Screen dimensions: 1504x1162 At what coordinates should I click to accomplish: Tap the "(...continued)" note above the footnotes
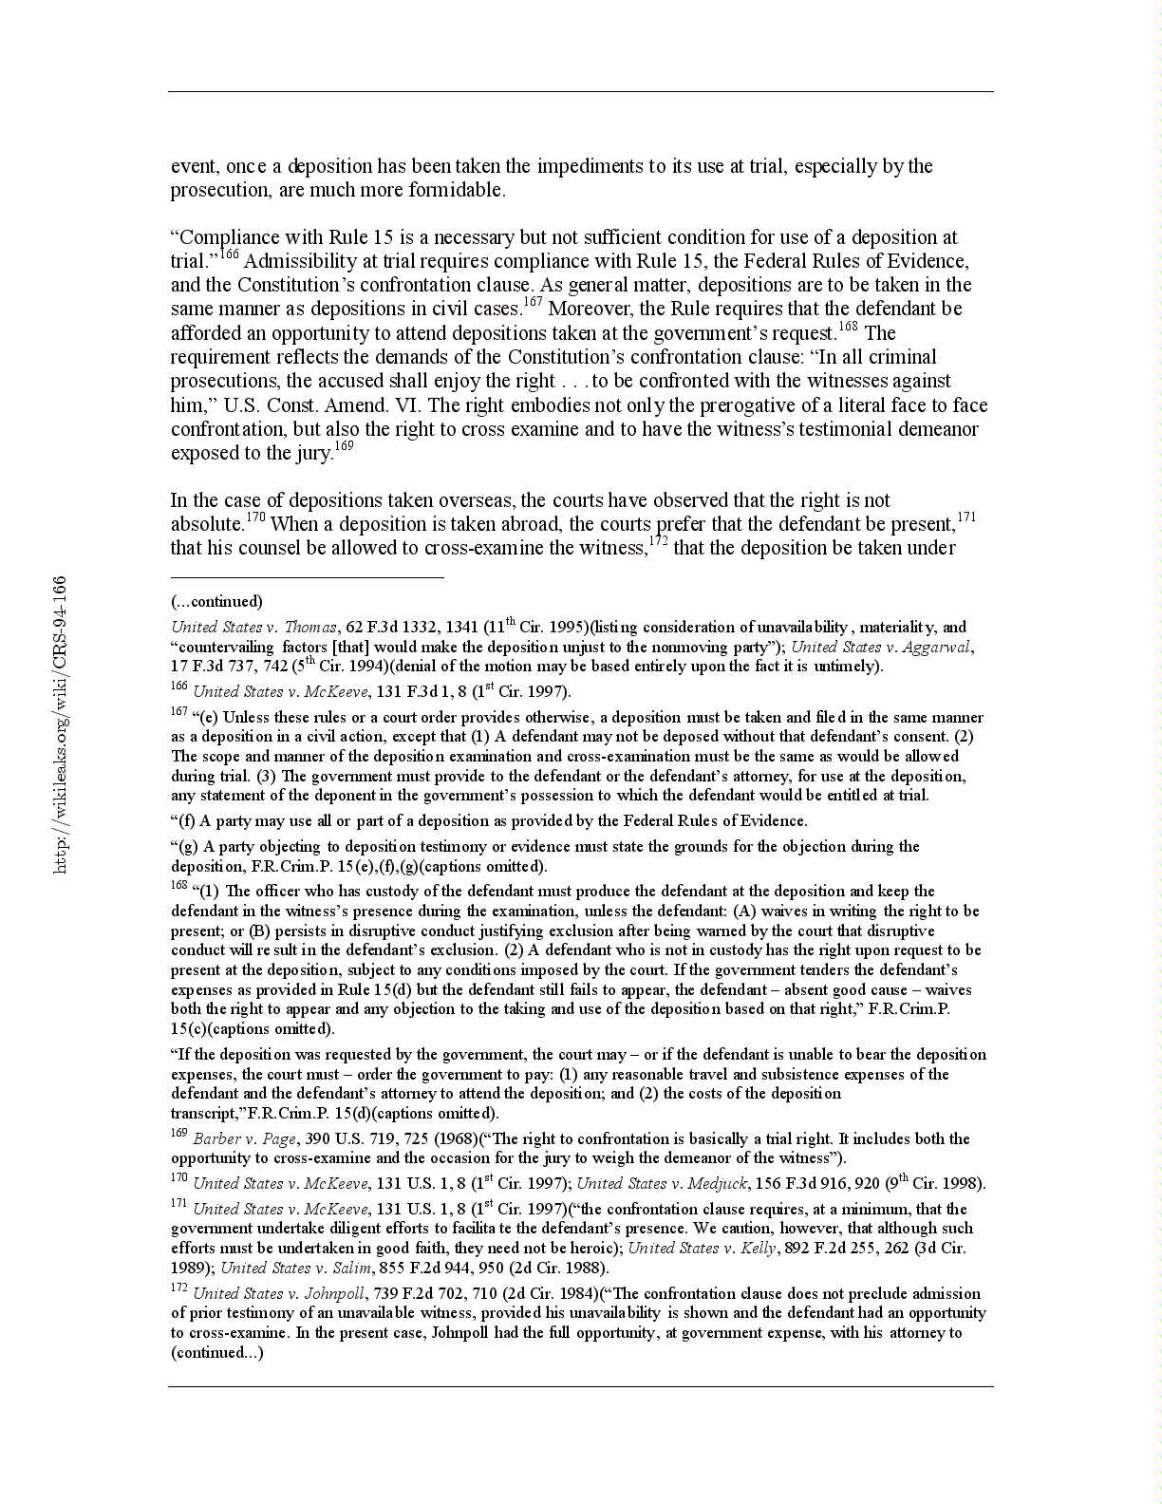[216, 601]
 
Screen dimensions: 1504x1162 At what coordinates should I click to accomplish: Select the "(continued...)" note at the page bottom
[216, 1352]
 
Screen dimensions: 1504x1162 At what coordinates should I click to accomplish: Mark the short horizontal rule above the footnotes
[307, 576]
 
